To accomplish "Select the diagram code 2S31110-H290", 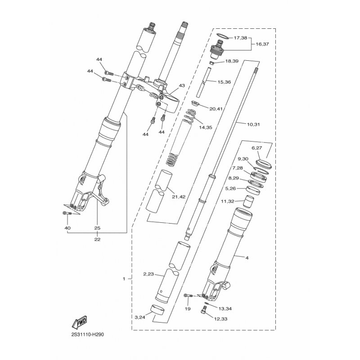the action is click(87, 335).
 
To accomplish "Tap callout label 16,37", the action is click(262, 44).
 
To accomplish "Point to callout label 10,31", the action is click(253, 125).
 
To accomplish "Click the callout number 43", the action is click(182, 85).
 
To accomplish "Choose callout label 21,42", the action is click(179, 197).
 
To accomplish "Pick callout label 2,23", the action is click(148, 274).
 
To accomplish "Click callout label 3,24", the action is click(139, 318).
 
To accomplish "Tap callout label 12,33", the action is click(221, 319).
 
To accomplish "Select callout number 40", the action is click(68, 228).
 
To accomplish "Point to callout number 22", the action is click(97, 239).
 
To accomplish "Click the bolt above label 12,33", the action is click(204, 311).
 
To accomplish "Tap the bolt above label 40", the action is click(67, 213).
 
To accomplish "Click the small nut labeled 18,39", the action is click(212, 63).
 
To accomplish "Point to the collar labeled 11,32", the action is click(249, 201).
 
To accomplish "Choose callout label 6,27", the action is click(256, 148).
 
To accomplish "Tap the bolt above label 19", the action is click(188, 296).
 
